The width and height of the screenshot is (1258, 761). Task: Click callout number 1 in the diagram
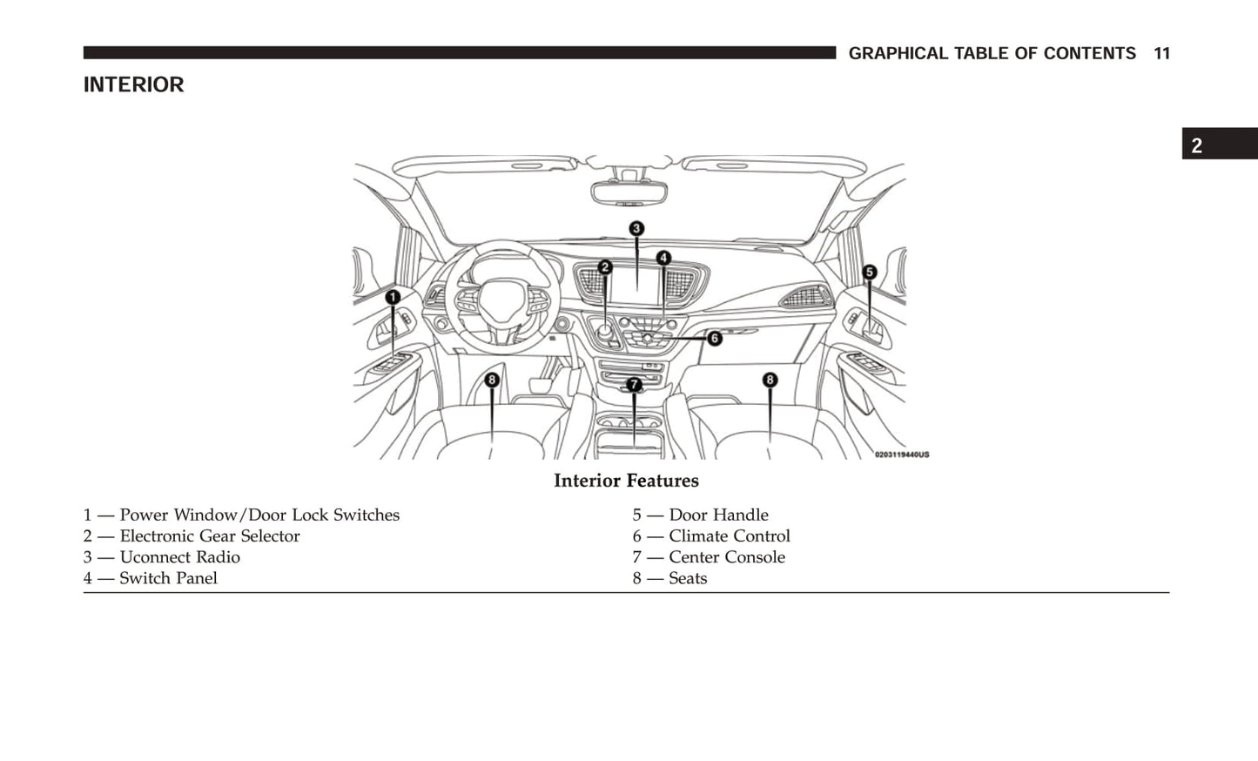393,298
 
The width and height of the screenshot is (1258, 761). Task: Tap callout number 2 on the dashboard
605,267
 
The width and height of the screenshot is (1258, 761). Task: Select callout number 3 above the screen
636,229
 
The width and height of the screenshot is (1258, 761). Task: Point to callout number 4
663,258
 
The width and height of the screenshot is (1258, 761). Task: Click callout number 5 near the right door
869,273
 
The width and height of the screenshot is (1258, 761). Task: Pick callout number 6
714,338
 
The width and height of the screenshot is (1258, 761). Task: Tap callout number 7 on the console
634,384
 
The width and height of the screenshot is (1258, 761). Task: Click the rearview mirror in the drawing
629,192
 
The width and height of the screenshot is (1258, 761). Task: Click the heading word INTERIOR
133,84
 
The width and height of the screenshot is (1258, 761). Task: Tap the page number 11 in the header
1161,54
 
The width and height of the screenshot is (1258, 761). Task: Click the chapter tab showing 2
1198,145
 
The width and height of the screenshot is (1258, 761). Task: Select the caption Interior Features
626,481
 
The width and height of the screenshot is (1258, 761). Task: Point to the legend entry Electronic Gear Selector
209,536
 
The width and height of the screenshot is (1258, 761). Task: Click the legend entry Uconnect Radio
179,557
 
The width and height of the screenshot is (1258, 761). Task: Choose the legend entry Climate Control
729,536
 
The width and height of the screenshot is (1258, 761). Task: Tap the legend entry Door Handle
718,515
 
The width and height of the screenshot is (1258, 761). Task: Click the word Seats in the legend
688,578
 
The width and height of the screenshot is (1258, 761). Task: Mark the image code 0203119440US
901,455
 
